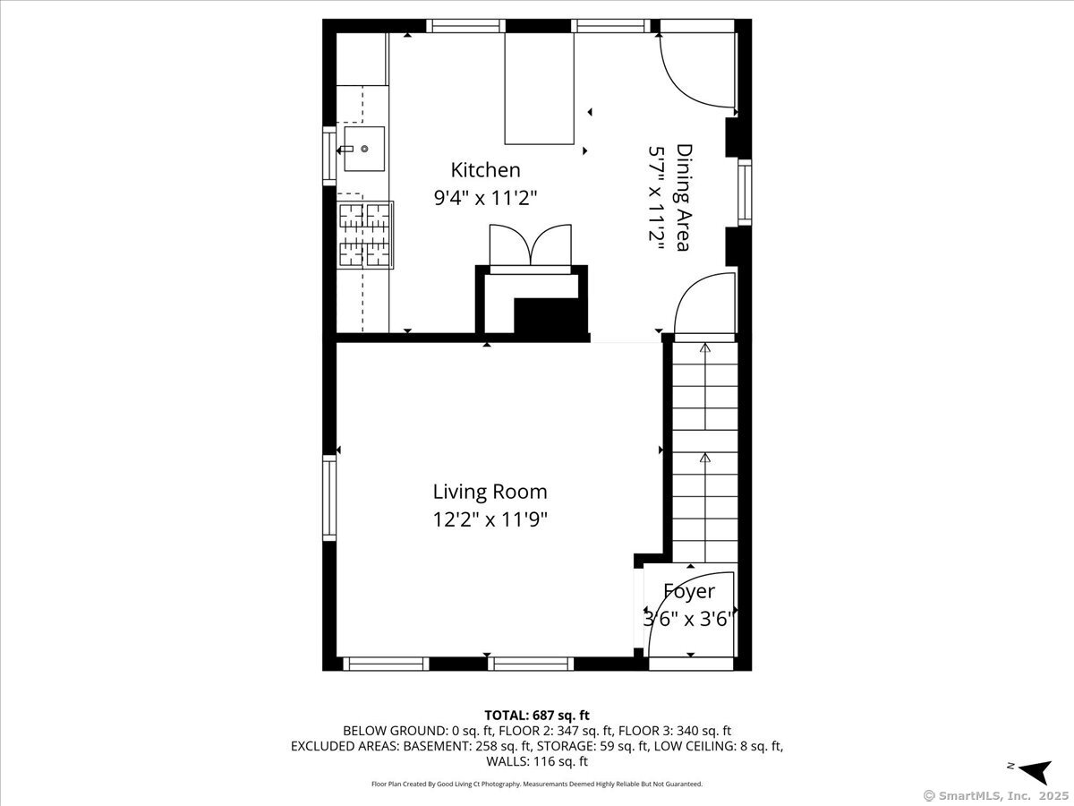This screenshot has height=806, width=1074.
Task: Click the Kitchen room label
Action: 485,170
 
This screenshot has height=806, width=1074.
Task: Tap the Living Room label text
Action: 490,492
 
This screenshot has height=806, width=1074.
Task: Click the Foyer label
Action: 689,591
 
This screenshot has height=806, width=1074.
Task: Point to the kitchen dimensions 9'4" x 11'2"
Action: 485,198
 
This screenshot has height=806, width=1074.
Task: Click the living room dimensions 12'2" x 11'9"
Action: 490,519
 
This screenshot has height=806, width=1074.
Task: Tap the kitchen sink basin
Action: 364,149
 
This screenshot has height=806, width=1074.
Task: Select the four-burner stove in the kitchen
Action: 365,235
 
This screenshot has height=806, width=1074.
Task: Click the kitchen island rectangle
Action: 539,89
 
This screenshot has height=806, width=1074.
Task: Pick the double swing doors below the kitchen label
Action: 531,245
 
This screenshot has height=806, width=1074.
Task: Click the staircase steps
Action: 704,452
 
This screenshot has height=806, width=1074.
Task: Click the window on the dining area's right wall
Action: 745,193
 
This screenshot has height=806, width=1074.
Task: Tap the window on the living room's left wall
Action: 329,498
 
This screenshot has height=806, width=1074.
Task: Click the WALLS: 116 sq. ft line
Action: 537,761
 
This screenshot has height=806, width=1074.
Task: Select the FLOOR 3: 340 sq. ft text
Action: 675,731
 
